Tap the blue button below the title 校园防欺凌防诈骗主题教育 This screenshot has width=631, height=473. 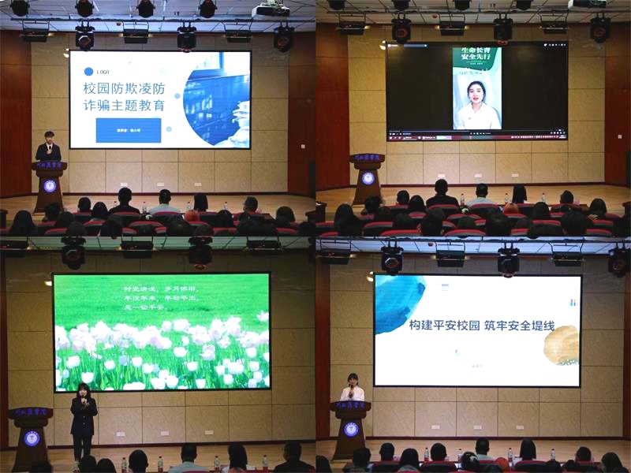128,130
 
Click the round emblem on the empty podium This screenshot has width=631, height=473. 368,177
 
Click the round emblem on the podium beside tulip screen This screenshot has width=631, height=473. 32,438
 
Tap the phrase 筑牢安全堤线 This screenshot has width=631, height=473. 521,326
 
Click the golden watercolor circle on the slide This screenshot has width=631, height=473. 562,346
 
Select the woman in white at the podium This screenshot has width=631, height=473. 353,389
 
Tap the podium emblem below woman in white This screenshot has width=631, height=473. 351,429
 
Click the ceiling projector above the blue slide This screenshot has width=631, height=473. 271,9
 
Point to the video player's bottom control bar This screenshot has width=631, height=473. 476,136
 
